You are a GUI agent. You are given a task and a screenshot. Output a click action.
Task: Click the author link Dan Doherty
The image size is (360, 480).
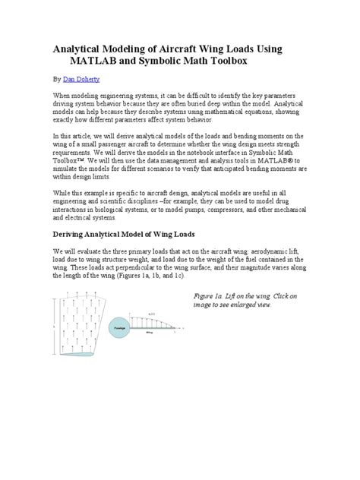(81, 79)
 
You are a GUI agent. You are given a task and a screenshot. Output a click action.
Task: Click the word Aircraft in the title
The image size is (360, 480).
(200, 49)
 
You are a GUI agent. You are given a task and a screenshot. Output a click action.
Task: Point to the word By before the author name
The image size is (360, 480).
(55, 79)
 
